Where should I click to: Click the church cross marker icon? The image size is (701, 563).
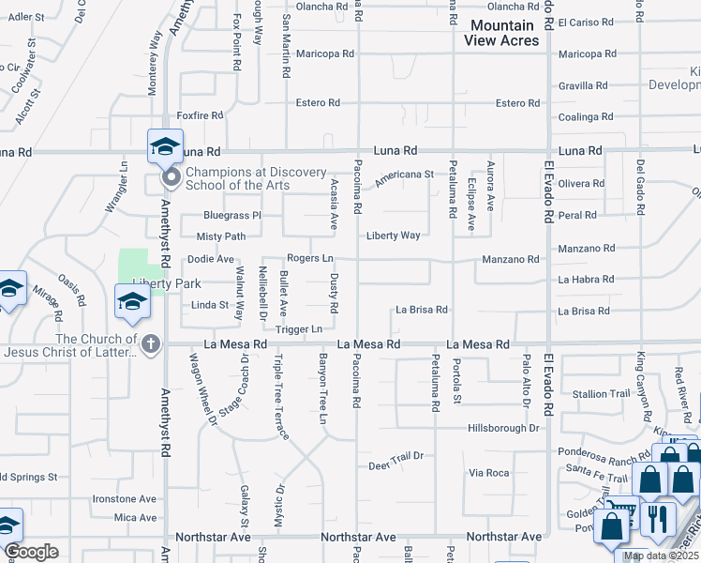pos(149,344)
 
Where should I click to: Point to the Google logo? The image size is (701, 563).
pos(31,552)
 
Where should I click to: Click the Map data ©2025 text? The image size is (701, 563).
pos(662,555)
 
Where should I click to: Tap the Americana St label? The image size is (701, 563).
pos(404,175)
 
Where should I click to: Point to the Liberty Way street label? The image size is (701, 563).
pos(393,236)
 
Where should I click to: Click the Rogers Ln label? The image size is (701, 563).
pos(309,258)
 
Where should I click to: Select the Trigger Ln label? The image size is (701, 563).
pos(298,329)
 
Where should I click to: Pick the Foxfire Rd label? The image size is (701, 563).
pos(200,115)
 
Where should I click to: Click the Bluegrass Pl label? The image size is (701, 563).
pos(231,216)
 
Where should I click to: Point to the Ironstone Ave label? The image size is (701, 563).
pos(124,499)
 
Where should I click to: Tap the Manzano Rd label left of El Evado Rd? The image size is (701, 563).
pos(511,259)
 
